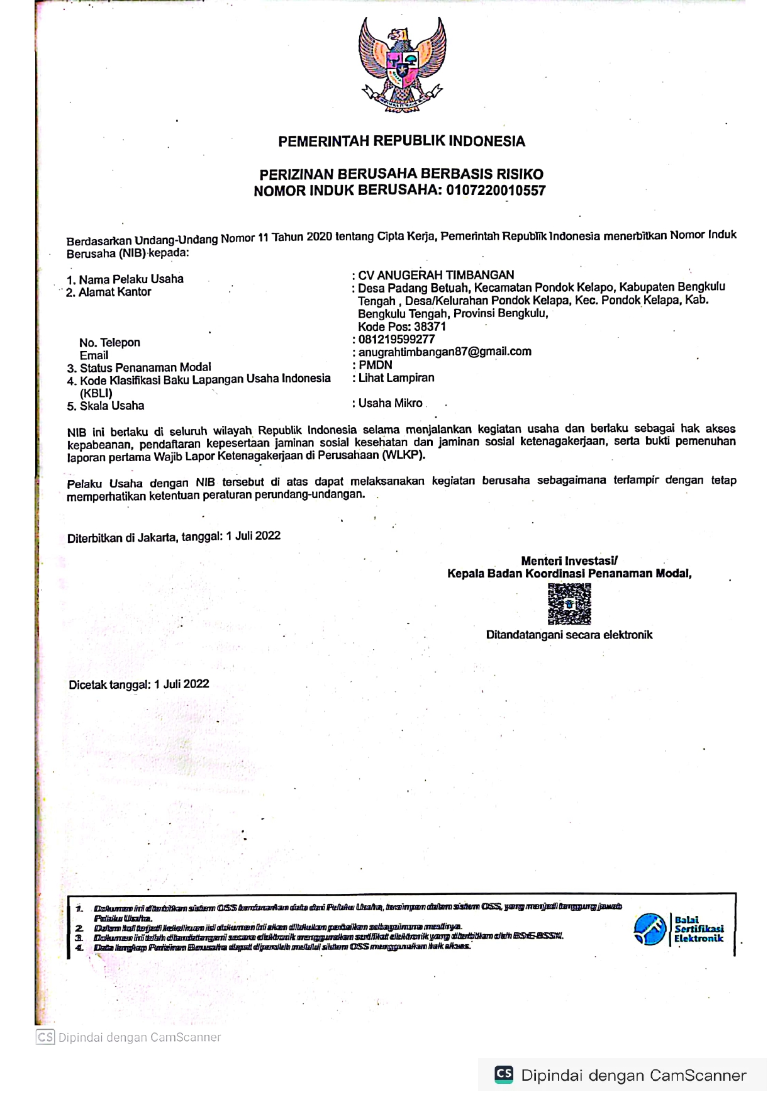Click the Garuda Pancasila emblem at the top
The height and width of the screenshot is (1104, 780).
point(402,65)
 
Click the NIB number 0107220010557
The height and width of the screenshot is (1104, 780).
point(496,191)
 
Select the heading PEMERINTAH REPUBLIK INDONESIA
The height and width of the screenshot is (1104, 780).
point(401,142)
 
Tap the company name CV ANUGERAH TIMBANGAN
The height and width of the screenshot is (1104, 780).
point(436,275)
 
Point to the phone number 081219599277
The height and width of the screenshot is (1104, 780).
point(396,339)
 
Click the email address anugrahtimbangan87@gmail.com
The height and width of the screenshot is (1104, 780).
point(445,352)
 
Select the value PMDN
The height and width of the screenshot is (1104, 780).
point(376,365)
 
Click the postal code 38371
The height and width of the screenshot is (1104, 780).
point(430,326)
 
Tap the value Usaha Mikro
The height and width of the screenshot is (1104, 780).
point(390,403)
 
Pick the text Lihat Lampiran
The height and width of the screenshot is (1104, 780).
point(396,377)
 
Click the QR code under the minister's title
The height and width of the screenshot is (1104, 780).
point(569,603)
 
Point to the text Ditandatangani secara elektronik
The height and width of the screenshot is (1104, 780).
point(569,635)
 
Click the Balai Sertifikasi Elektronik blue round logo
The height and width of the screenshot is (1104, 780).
point(650,929)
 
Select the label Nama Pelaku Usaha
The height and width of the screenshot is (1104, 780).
point(131,279)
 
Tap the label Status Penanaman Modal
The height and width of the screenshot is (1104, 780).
point(145,367)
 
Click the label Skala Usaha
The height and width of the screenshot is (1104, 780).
point(112,406)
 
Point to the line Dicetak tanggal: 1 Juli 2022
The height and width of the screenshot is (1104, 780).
point(139,684)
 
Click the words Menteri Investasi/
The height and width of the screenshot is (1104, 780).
point(569,560)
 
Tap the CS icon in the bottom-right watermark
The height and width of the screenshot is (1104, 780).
point(504,1074)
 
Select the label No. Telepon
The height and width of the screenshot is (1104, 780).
point(109,343)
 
